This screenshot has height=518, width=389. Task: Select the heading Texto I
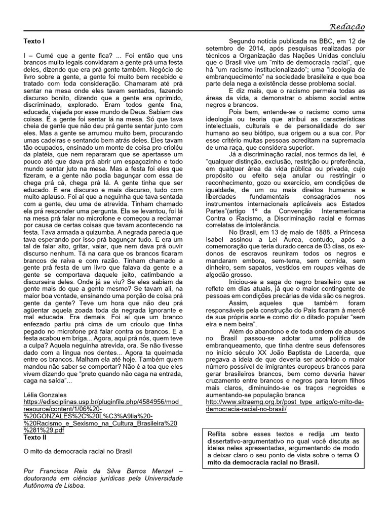click(36, 40)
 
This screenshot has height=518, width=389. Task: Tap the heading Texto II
click(37, 437)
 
